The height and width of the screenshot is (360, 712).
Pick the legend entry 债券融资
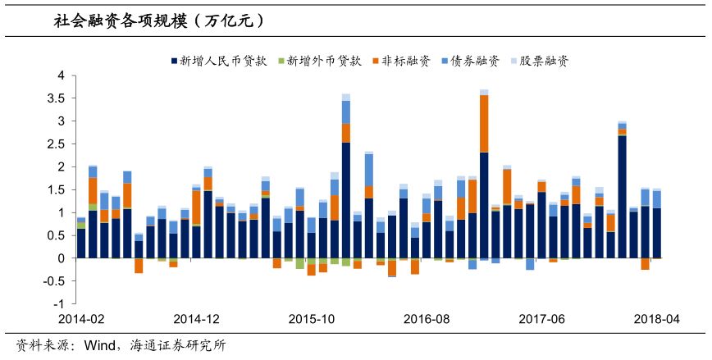[475, 61]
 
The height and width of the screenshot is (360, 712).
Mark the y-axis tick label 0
[61, 257]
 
